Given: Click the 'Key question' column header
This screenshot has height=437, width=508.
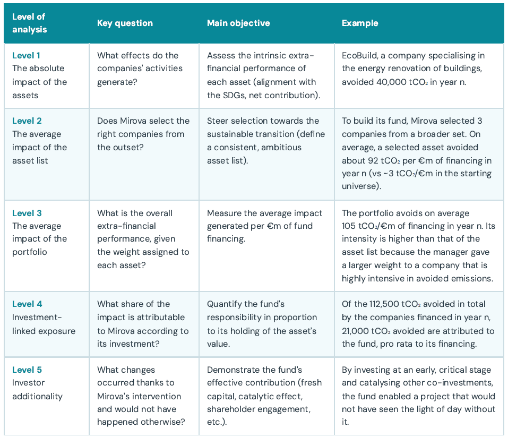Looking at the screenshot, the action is click(x=125, y=23).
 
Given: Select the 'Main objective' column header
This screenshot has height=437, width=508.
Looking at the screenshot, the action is click(x=238, y=23).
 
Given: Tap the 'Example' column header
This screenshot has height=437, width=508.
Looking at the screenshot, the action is click(x=360, y=23).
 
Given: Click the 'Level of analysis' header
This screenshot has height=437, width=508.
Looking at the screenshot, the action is click(x=30, y=23).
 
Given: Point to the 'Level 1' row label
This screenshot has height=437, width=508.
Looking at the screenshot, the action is click(x=26, y=55).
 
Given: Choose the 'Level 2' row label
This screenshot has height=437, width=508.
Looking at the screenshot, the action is click(x=27, y=121).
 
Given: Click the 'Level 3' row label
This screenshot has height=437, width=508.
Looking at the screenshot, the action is click(x=27, y=213).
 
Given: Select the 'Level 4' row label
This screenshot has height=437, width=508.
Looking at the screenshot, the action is click(x=27, y=304).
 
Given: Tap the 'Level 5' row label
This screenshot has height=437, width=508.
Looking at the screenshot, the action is click(x=27, y=370).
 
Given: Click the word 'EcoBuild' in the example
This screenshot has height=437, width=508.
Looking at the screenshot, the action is click(x=359, y=55).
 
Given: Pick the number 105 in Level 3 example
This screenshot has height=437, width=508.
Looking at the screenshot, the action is click(x=349, y=226).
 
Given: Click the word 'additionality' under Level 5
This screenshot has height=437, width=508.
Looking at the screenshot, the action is click(x=37, y=396).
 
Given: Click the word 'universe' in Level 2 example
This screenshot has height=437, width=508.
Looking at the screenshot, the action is click(x=360, y=186).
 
